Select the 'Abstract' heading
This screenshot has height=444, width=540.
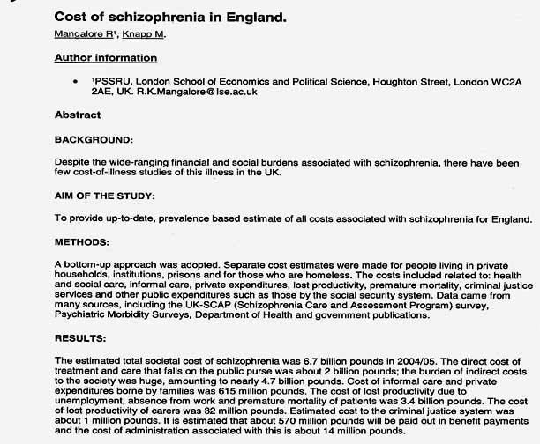[78, 115]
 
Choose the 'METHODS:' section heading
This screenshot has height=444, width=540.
[84, 241]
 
